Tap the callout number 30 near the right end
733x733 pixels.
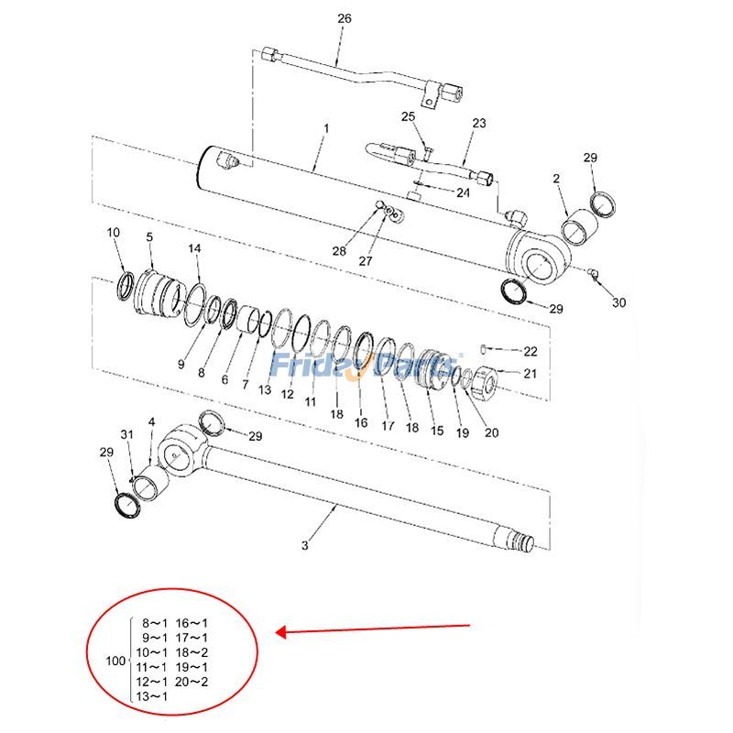click(619, 303)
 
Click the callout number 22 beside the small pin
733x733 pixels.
click(531, 352)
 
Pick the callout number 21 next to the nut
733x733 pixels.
click(530, 373)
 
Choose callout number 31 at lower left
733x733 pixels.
click(127, 434)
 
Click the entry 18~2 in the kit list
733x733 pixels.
click(191, 652)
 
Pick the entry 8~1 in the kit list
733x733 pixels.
click(153, 623)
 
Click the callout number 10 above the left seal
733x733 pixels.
click(114, 233)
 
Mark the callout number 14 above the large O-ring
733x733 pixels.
click(195, 249)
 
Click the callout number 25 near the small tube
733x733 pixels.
click(408, 115)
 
